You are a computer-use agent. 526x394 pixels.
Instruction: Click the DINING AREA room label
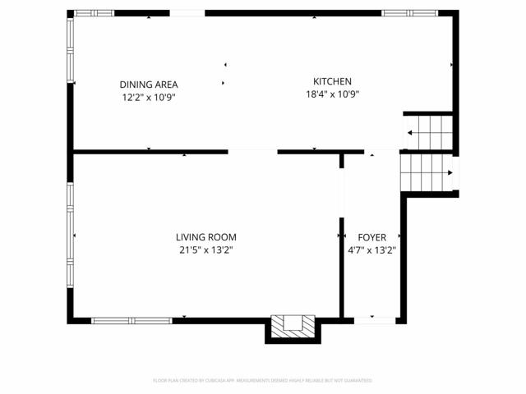[x=149, y=85]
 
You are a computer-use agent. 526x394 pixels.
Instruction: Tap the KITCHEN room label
[x=332, y=81]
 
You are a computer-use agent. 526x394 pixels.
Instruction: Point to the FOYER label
[x=371, y=237]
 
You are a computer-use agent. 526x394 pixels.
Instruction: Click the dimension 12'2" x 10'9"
[x=149, y=97]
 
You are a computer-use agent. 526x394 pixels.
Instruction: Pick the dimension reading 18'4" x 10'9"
[x=332, y=94]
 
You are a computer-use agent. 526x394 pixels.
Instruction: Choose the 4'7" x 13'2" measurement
[x=371, y=250]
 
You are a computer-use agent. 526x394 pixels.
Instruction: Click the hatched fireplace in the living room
[x=293, y=326]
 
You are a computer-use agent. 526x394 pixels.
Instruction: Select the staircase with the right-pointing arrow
[x=426, y=173]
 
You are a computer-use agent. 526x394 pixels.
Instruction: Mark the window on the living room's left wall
[x=71, y=235]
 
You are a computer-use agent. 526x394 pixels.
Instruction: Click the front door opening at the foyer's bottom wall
[x=374, y=320]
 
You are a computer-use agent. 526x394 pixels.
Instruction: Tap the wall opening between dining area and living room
[x=252, y=152]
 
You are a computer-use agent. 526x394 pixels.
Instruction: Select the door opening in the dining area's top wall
[x=187, y=13]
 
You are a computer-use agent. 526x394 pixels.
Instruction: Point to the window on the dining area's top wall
[x=94, y=13]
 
